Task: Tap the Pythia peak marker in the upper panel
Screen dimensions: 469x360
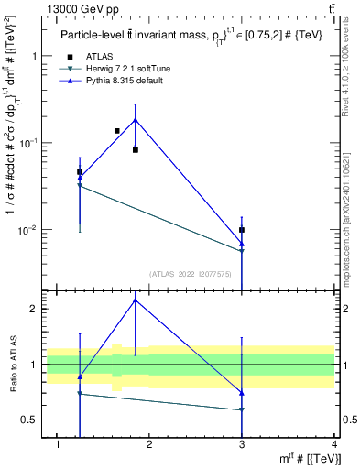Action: coord(136,119)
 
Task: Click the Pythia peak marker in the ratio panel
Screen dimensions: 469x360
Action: coord(136,300)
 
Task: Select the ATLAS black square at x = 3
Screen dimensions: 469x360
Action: coord(242,230)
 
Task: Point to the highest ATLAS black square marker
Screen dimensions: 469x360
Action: coord(116,131)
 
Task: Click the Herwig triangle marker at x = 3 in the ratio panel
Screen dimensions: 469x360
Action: coord(242,409)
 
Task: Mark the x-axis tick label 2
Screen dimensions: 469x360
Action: coord(150,444)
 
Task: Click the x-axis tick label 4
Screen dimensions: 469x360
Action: coord(334,444)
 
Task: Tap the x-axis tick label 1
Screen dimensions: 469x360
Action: coord(58,444)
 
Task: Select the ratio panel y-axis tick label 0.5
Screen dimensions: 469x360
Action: coord(30,420)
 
